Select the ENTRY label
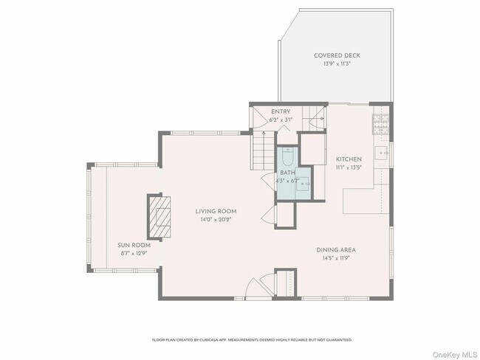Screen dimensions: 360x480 tap(280, 111)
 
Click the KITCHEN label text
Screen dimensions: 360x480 tap(348, 159)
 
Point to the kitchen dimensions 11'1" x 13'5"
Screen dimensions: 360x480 tap(348, 167)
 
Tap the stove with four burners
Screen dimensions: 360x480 tap(380, 122)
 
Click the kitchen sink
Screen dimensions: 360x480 tap(383, 154)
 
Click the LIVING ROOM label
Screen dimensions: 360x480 tap(216, 211)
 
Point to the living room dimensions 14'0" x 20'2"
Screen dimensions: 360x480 tap(216, 219)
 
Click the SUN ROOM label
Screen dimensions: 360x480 tap(134, 245)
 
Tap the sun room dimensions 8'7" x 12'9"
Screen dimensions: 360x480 tap(134, 253)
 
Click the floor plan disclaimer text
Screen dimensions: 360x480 tap(252, 340)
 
